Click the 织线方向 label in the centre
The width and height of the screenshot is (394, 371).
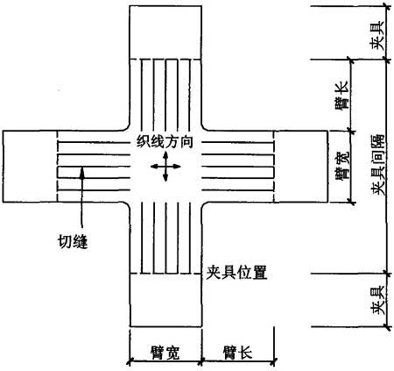click(165, 142)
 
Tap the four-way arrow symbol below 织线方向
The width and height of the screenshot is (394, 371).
click(165, 167)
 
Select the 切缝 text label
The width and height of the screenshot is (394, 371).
click(73, 242)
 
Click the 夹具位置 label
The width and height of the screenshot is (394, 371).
click(236, 273)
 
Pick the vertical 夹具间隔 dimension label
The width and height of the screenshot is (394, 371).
click(378, 165)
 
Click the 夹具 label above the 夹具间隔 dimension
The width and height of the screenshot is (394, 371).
click(377, 35)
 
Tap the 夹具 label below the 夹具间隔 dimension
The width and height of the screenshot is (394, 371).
click(377, 301)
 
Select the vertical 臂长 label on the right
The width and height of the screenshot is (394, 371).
click(341, 96)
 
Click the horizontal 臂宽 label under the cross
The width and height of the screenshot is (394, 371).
click(165, 353)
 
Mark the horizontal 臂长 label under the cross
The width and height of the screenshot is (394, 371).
click(237, 353)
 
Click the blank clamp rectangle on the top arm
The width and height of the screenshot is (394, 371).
click(165, 32)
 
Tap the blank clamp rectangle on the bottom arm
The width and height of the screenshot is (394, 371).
click(165, 300)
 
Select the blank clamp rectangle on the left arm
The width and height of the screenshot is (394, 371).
click(30, 167)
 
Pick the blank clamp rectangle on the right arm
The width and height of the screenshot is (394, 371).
click(300, 167)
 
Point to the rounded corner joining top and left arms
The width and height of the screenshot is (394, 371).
click(127, 127)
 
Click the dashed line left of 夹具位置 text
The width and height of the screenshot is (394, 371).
click(165, 274)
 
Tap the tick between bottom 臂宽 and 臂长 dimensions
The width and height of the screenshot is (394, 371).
click(201, 362)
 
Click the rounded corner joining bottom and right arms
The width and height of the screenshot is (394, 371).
click(205, 205)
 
